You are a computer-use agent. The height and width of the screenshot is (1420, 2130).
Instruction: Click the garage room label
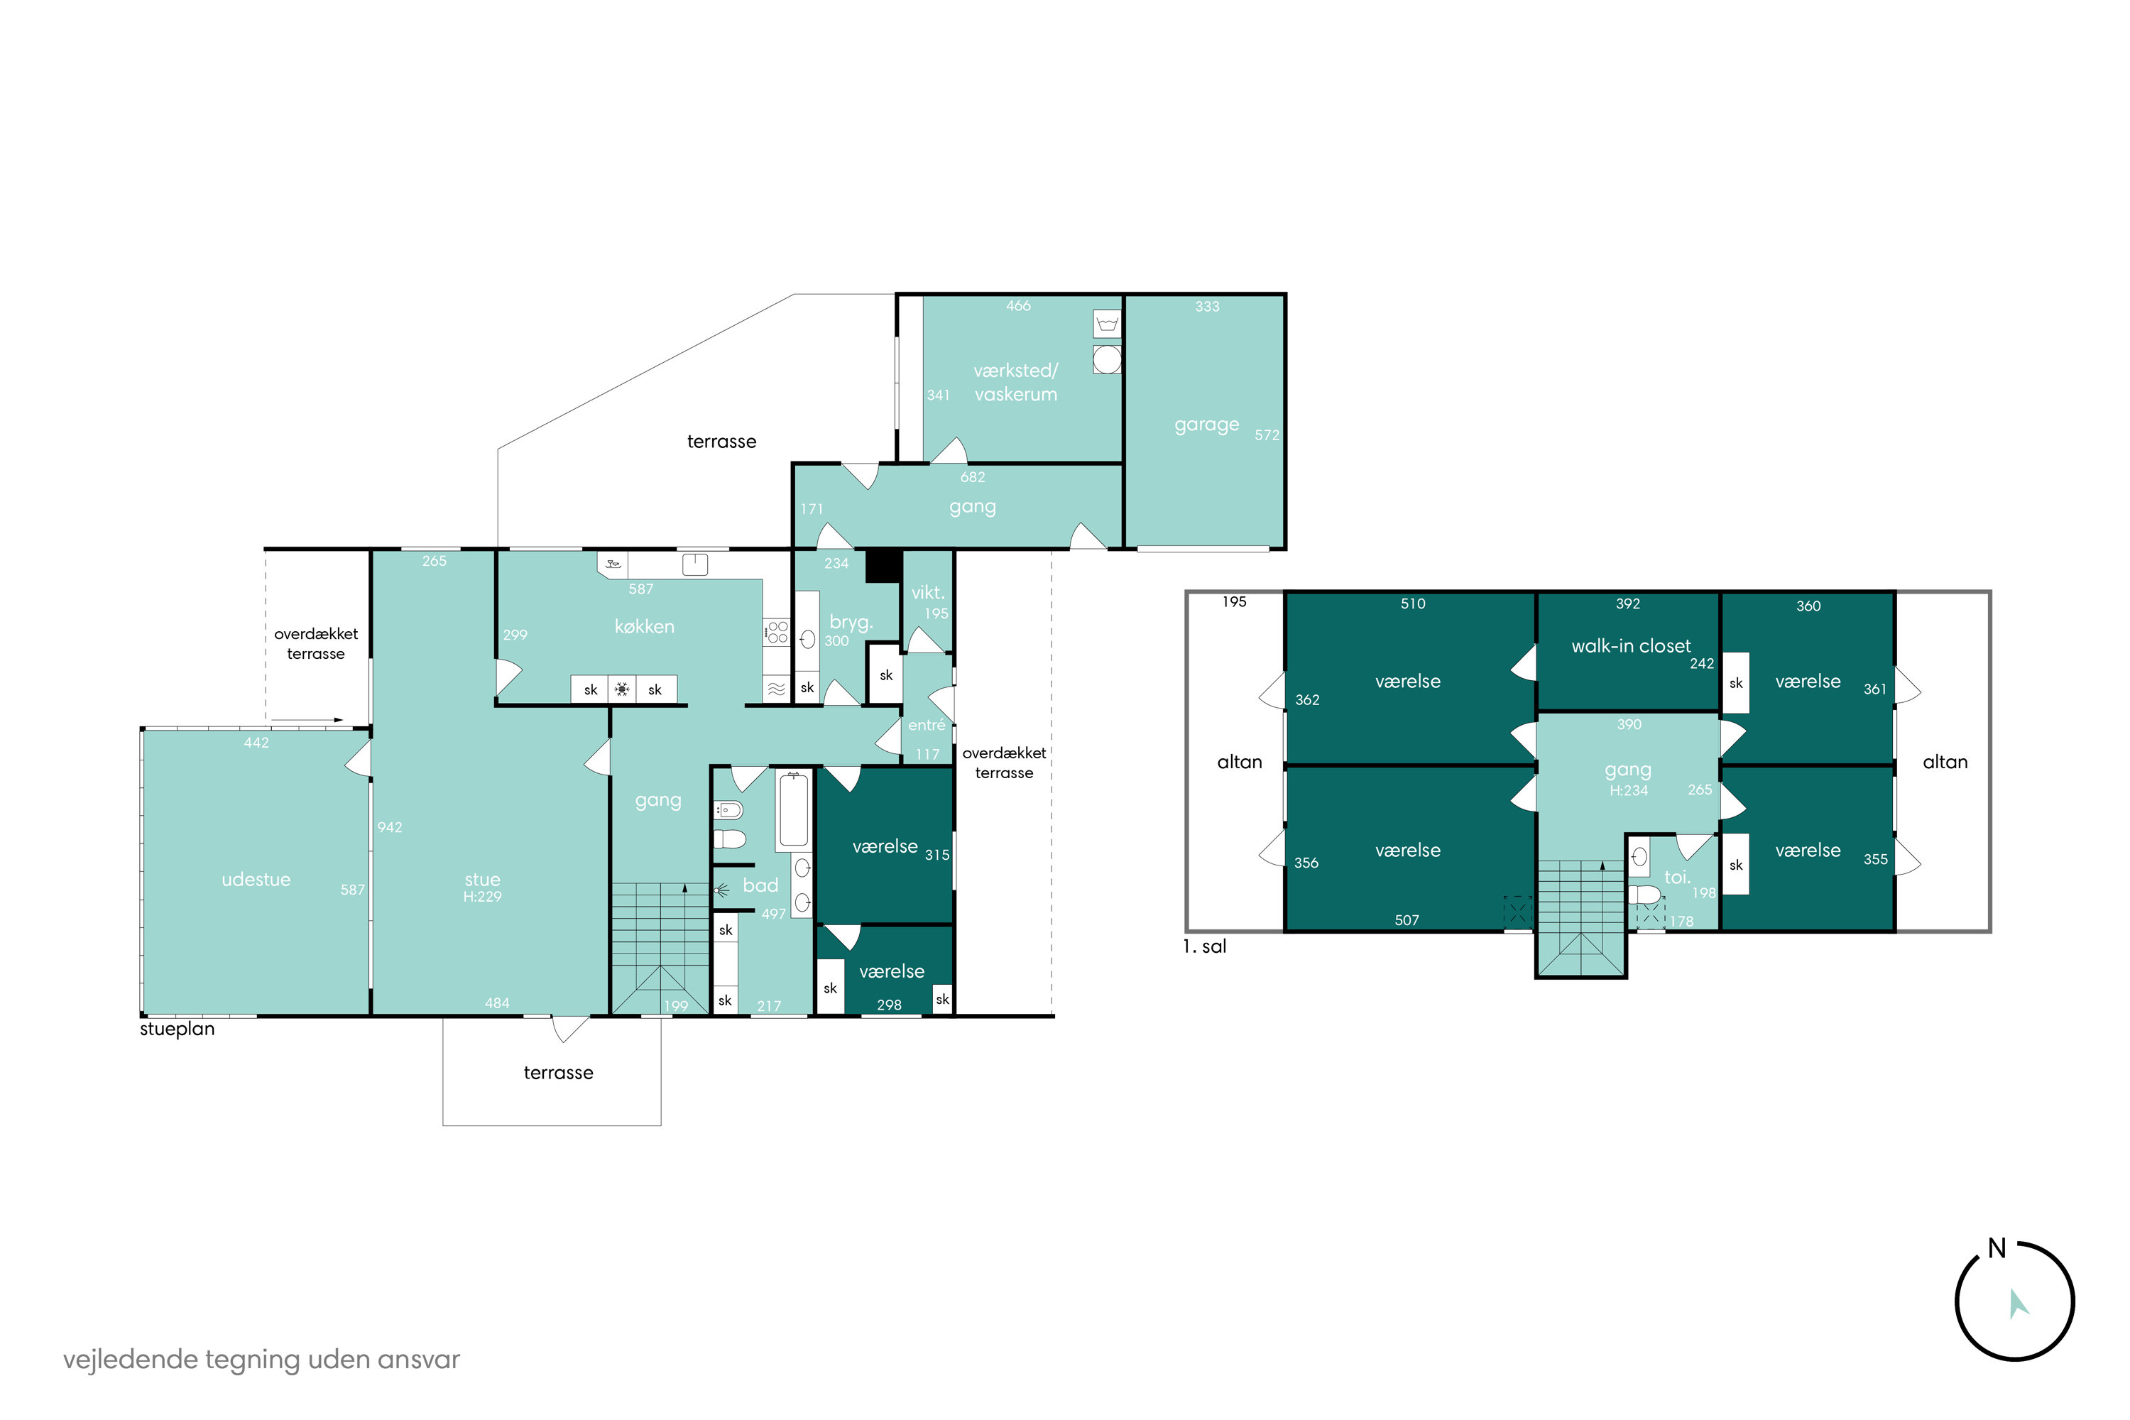pos(1206,425)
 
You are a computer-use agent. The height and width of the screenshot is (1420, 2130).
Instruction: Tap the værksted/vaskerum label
pos(1015,382)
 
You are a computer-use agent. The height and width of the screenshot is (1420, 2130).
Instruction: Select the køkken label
pos(644,626)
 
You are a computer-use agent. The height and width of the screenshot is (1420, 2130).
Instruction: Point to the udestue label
pos(256,880)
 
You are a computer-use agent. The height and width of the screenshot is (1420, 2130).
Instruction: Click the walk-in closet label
pos(1630,645)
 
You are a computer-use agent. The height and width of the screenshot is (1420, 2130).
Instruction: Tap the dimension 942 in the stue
pos(389,827)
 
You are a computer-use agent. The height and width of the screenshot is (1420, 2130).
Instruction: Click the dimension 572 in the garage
pos(1267,435)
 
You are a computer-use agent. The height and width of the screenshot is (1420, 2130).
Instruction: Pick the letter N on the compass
pos(1997,1248)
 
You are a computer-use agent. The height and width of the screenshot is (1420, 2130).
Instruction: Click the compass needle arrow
pos(2018,1304)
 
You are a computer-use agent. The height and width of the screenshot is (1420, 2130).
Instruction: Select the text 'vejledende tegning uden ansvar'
pos(262,1360)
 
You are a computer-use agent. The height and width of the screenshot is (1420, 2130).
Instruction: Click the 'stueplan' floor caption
pos(177,1029)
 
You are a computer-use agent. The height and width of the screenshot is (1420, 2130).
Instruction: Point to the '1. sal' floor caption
pos(1204,946)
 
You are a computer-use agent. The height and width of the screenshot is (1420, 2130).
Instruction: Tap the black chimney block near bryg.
pos(883,566)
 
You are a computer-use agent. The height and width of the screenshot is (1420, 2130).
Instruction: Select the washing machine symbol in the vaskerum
pos(1107,359)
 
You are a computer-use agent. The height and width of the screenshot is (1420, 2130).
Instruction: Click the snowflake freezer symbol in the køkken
pos(622,689)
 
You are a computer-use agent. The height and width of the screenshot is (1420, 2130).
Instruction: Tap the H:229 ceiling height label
pos(482,897)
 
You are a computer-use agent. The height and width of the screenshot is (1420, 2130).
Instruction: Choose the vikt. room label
pos(927,592)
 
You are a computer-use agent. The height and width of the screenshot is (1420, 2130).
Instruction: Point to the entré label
pos(927,724)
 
